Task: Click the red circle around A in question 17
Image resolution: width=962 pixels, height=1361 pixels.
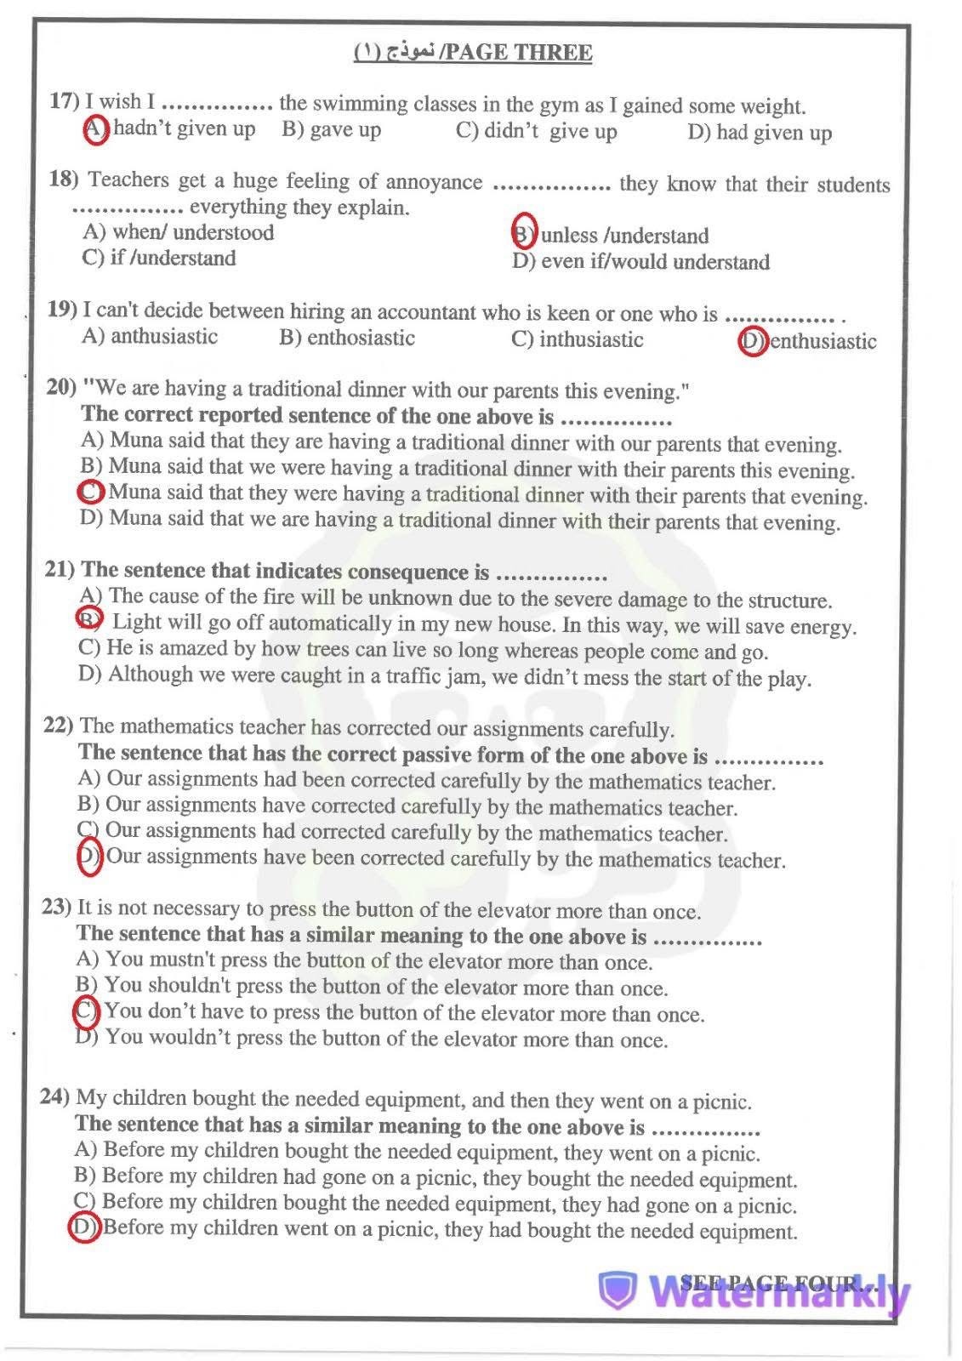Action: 96,129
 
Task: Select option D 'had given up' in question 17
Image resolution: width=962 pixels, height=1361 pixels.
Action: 760,133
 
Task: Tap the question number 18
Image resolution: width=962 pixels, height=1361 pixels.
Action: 63,179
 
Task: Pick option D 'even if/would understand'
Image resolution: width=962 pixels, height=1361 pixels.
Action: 640,262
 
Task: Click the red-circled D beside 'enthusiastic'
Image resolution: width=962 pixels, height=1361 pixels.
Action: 753,341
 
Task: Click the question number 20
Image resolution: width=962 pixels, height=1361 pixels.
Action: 62,387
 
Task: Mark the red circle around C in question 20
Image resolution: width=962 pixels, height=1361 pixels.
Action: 91,492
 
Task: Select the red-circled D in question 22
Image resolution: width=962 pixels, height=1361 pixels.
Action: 89,857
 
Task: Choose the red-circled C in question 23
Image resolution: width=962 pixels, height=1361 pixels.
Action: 87,1011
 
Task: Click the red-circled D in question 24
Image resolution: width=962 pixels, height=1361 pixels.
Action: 84,1227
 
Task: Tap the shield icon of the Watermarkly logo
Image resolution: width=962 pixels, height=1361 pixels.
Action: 618,1291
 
